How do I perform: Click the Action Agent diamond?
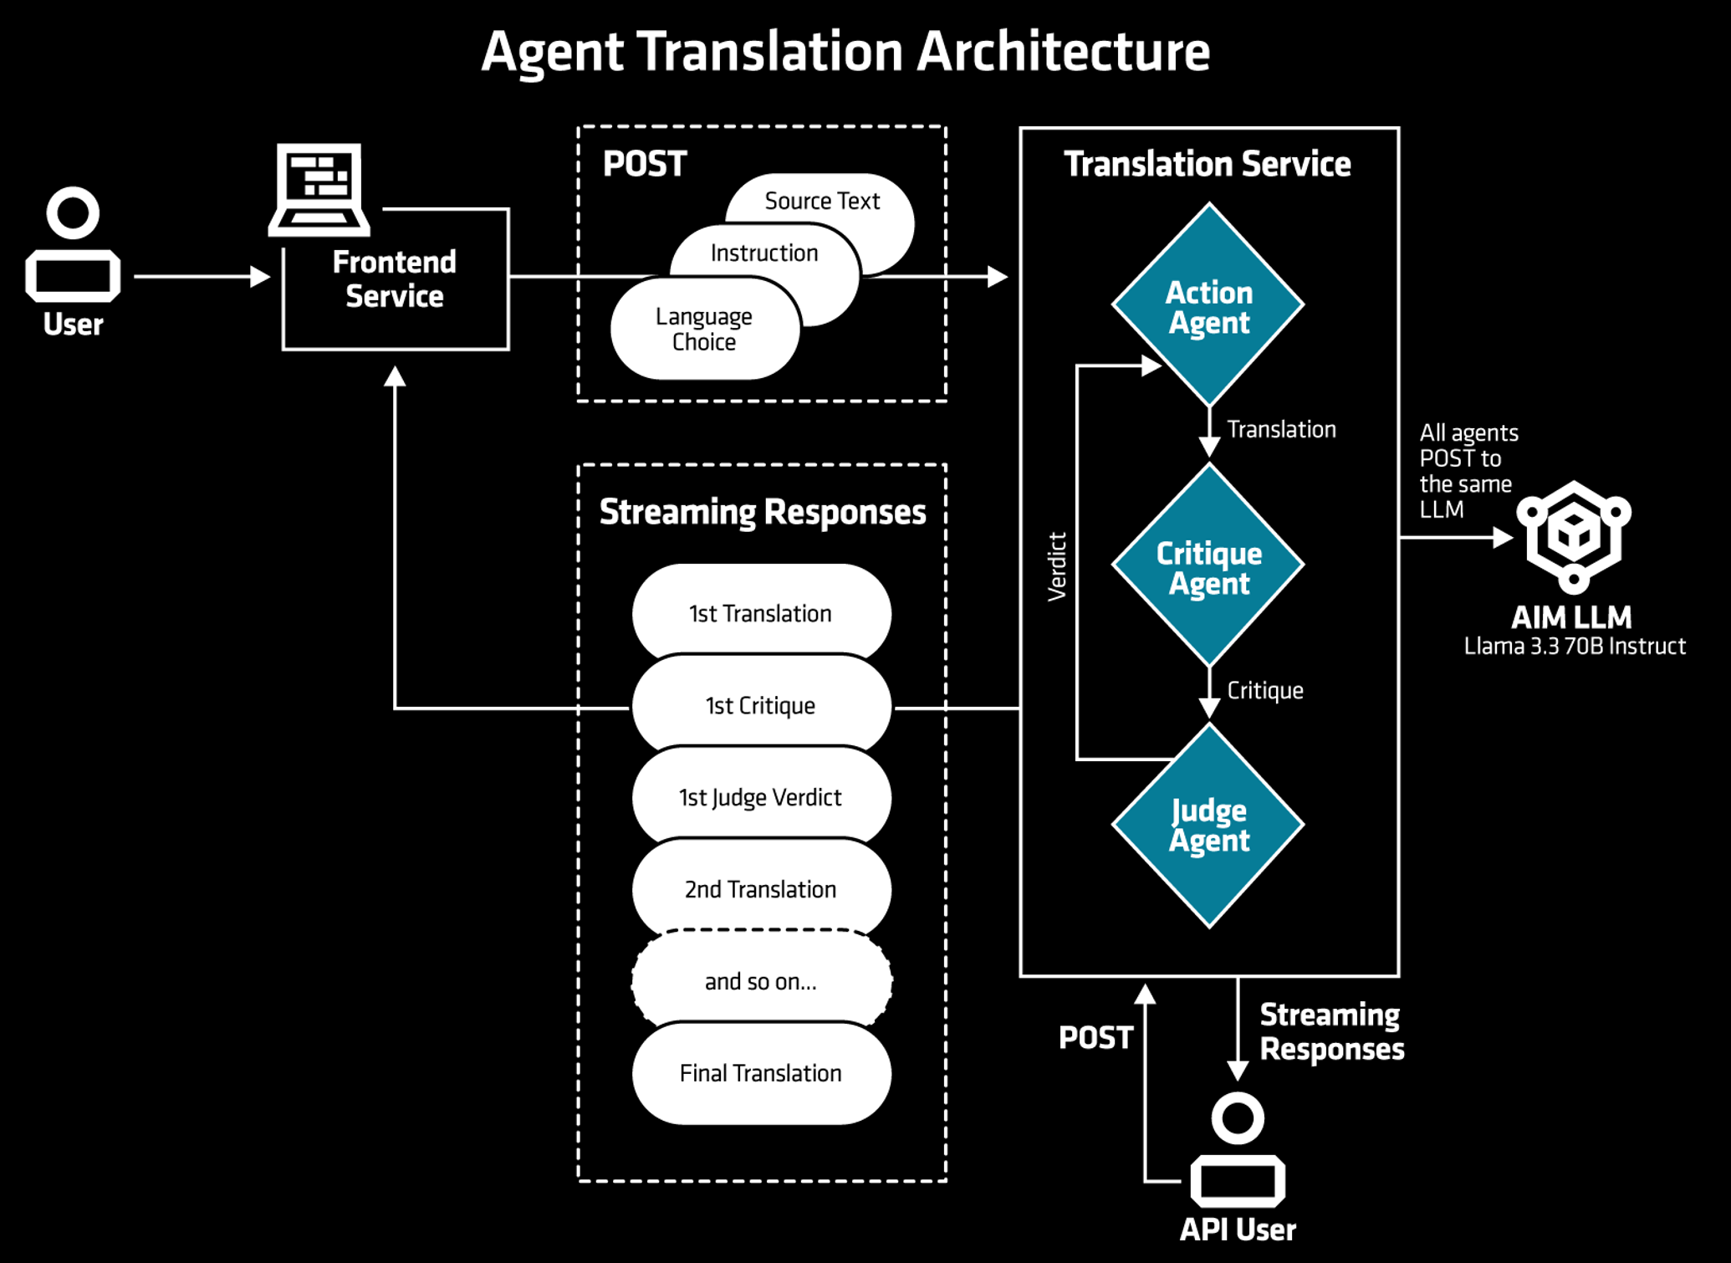pos(1208,305)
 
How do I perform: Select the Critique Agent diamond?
pos(1208,565)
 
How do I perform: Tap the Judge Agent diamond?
pos(1208,826)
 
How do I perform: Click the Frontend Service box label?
pos(395,279)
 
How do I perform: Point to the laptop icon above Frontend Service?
pos(319,190)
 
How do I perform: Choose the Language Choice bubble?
pos(705,329)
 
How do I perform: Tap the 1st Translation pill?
pos(761,613)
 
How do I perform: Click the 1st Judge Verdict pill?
pos(761,797)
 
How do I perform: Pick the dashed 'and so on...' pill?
pos(761,981)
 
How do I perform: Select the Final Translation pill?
pos(761,1073)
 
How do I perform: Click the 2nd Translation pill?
pos(761,889)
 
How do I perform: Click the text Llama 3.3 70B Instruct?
pos(1575,646)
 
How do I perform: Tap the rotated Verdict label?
pos(1057,566)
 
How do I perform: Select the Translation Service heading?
pos(1207,164)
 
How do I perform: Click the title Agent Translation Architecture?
pos(845,52)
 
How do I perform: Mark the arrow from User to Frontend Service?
pos(202,276)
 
